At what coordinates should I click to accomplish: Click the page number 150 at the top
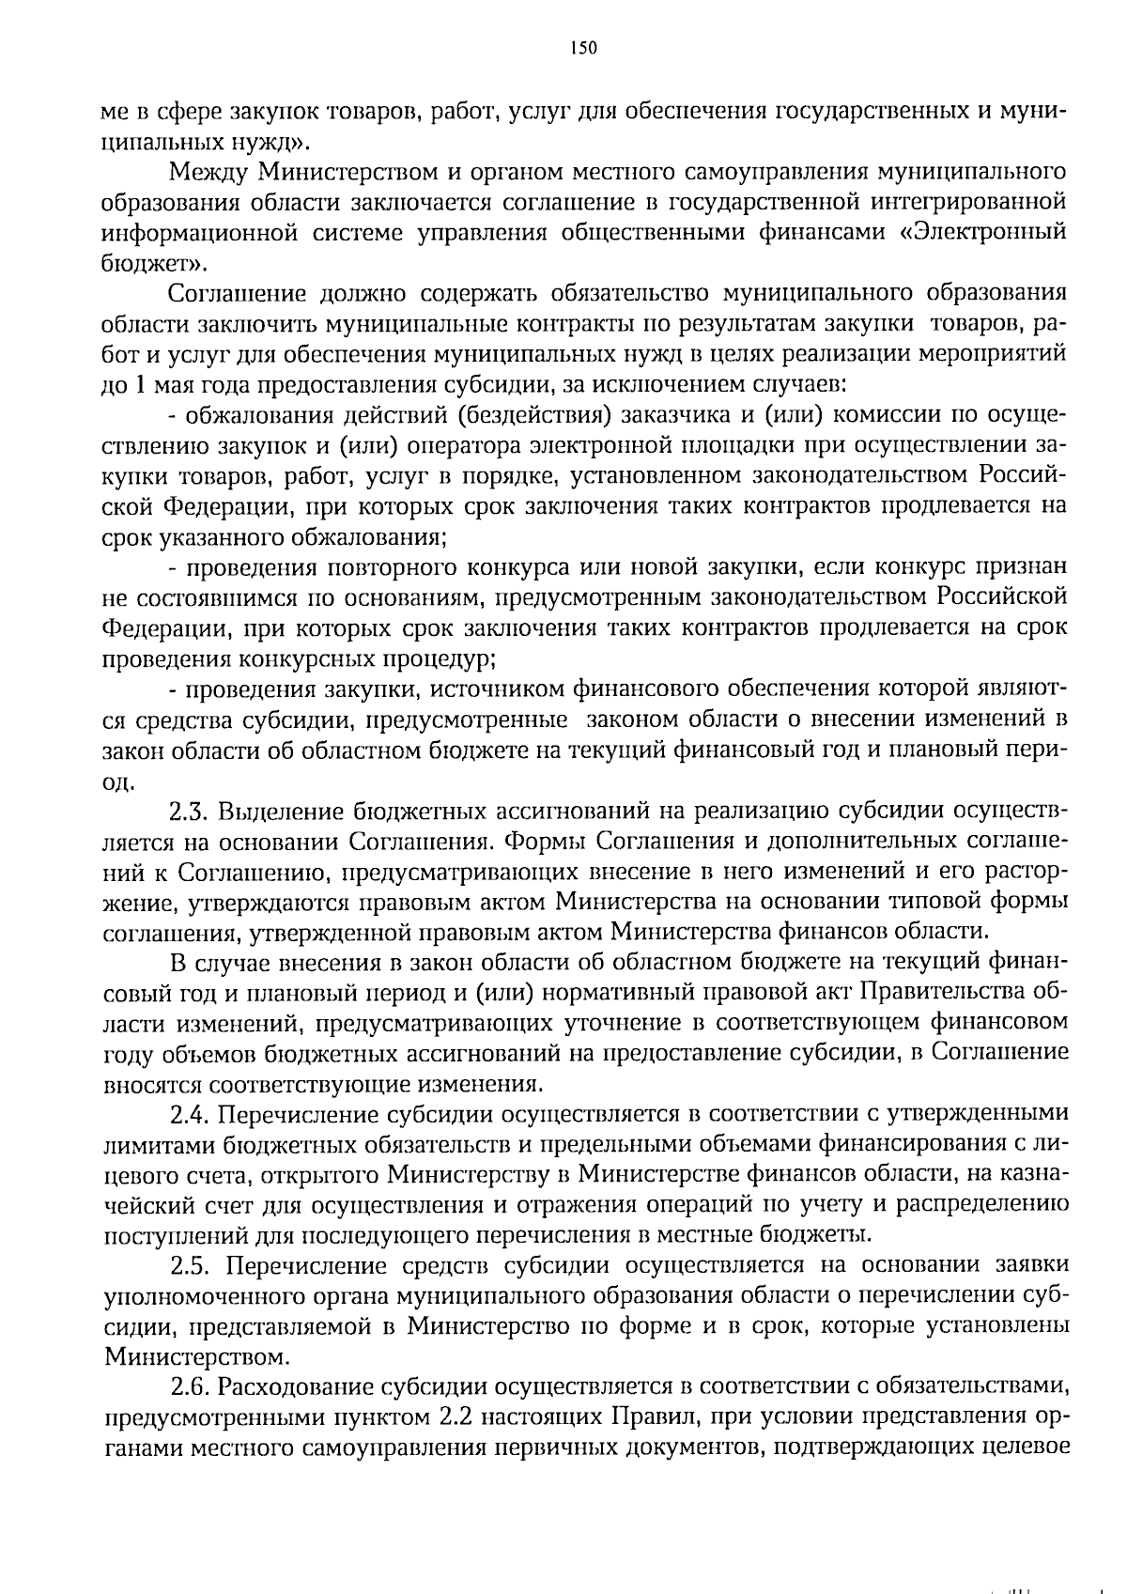[582, 49]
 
